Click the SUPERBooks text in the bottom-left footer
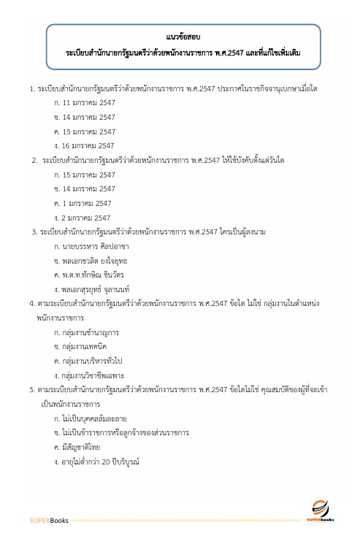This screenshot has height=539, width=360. click(48, 521)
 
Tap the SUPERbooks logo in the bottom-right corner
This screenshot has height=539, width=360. click(322, 511)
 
